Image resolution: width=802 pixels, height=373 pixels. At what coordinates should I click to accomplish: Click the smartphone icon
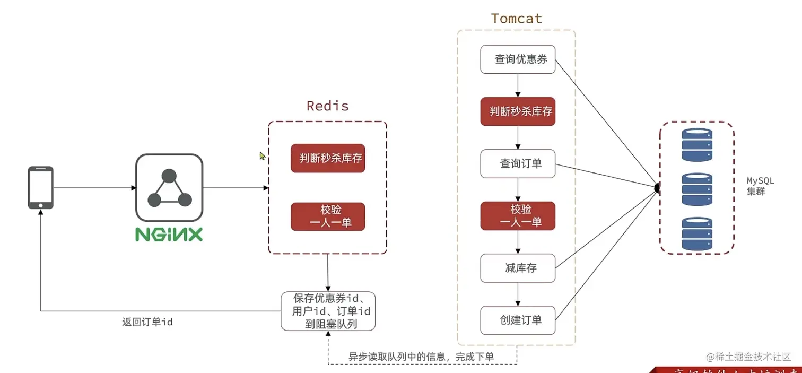[x=41, y=187]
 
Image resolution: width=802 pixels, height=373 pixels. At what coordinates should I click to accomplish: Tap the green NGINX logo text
[x=169, y=235]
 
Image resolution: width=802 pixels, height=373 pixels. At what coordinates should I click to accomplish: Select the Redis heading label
[x=327, y=106]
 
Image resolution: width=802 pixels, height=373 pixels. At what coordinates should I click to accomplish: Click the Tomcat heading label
[x=516, y=19]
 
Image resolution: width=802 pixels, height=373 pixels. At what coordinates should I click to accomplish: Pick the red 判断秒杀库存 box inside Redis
[x=328, y=158]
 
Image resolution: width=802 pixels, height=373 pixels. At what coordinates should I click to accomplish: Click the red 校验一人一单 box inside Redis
[x=328, y=216]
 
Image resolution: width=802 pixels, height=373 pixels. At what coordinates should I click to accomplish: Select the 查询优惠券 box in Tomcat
[x=518, y=59]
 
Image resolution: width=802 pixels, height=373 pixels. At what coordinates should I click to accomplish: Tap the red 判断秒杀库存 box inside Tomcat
[x=518, y=111]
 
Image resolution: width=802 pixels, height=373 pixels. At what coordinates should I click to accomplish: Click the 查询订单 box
[x=518, y=163]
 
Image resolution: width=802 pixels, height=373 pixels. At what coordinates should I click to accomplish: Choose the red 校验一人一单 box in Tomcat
[x=518, y=216]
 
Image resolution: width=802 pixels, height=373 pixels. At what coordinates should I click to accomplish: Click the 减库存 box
[x=518, y=268]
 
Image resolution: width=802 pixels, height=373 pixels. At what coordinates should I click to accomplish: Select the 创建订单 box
[x=518, y=320]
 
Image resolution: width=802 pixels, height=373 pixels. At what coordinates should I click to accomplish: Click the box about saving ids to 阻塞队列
[x=328, y=311]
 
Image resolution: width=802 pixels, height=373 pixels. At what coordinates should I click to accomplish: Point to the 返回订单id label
[x=147, y=322]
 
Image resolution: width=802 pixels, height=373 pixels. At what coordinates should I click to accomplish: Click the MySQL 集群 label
[x=760, y=187]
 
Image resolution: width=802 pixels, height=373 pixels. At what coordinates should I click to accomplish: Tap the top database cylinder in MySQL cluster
[x=697, y=145]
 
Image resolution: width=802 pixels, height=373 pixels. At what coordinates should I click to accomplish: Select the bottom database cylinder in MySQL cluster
[x=697, y=233]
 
